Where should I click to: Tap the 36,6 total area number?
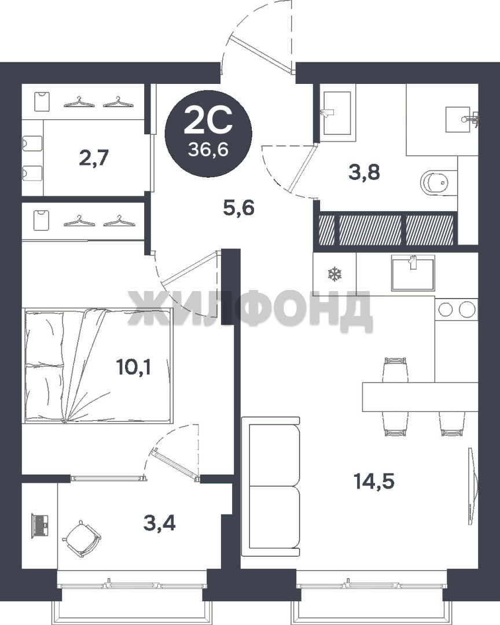point(208,150)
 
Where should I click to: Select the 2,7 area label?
point(94,158)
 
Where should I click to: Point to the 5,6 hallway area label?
point(239,208)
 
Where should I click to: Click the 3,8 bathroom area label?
point(364,172)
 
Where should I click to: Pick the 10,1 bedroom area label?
point(134,367)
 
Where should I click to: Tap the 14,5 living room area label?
point(374,481)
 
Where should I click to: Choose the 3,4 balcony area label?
point(160,523)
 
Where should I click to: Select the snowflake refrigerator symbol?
point(334,274)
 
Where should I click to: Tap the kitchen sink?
point(413,273)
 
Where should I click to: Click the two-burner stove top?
point(457,308)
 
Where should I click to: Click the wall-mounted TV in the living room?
point(472,486)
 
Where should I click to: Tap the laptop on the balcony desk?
point(41,526)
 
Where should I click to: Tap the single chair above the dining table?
point(395,370)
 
